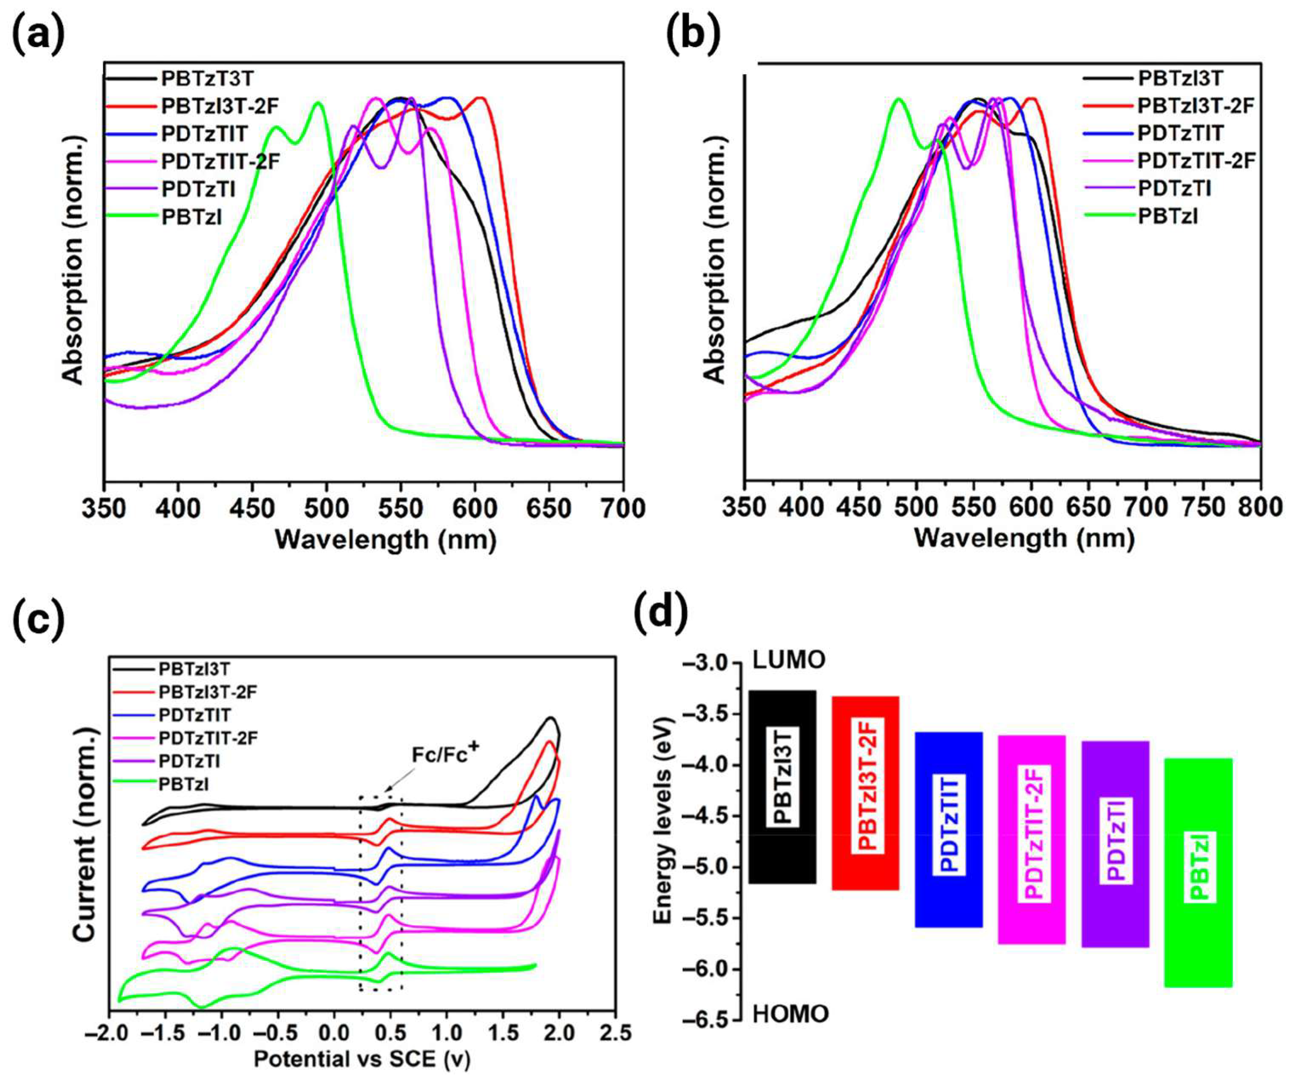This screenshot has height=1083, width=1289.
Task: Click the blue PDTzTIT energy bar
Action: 948,830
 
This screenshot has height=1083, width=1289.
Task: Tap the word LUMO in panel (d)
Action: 789,660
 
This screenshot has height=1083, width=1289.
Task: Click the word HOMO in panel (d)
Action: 791,1014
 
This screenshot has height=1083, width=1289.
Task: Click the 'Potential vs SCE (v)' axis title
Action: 362,1059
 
